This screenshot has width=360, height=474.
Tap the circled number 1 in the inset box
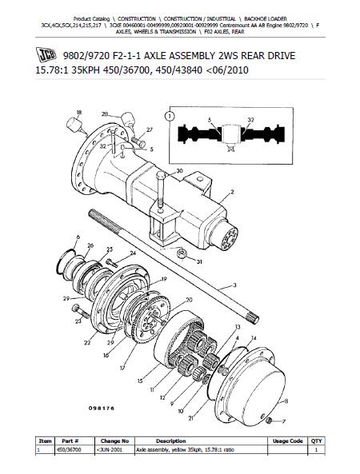[x=170, y=117]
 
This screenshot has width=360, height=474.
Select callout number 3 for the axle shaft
[x=234, y=285]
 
